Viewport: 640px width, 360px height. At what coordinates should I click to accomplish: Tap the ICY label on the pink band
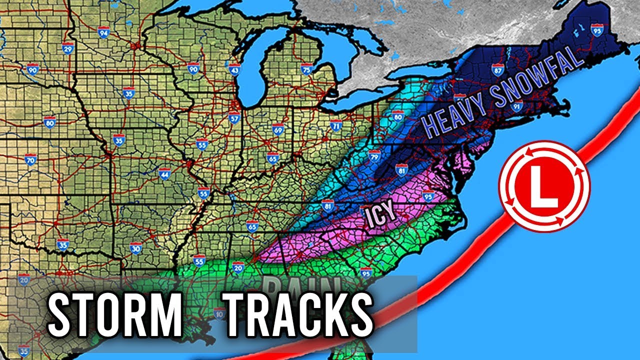pos(381,215)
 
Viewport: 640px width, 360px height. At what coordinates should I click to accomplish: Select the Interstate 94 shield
pos(104,32)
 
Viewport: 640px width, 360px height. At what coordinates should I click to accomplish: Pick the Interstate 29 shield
pos(68,47)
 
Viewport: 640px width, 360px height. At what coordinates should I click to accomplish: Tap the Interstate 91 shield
pos(517,105)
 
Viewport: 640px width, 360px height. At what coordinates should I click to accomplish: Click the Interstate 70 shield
pos(30,160)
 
